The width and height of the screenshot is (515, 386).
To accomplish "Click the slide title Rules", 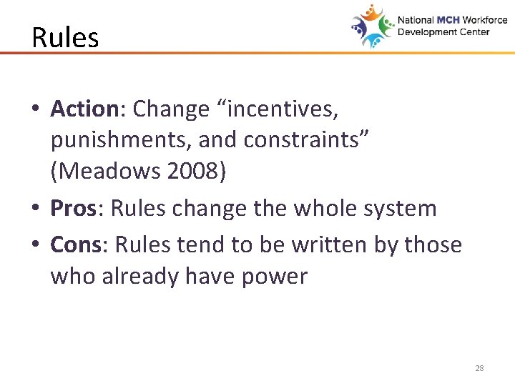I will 65,37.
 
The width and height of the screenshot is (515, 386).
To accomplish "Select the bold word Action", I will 84,109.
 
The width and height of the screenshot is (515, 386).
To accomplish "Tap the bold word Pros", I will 73,209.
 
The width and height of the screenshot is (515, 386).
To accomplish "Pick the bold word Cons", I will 76,244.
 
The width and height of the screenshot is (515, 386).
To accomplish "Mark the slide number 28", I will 479,369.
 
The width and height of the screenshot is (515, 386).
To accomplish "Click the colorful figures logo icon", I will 372,26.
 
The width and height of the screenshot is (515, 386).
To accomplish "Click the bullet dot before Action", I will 35,110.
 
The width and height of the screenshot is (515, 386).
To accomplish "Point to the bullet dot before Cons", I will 35,245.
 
